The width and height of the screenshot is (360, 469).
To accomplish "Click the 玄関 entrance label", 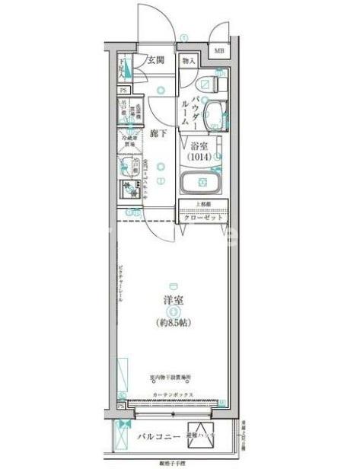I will [x=157, y=60].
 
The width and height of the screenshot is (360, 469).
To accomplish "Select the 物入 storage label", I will [x=189, y=60].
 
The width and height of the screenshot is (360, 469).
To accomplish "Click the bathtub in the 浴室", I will [x=202, y=183].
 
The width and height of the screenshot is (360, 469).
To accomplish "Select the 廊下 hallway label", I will [x=158, y=131].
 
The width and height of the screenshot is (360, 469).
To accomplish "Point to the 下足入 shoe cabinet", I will [x=125, y=69].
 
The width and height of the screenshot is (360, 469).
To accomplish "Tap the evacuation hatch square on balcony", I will [x=200, y=437].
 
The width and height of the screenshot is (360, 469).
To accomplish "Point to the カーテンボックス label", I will [x=173, y=394].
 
